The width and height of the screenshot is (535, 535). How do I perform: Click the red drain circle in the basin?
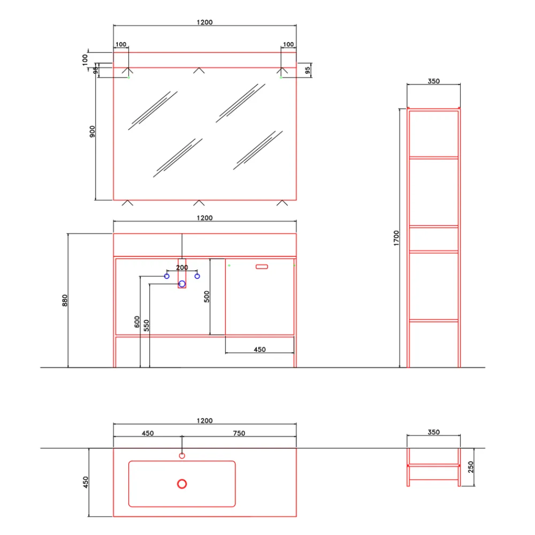coord(182,484)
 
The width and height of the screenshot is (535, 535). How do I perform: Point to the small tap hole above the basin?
coord(182,456)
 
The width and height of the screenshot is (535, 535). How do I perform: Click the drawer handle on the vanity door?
coord(262,266)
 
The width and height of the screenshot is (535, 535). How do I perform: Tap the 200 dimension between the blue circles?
coord(182,267)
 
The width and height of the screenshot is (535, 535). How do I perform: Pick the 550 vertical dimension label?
coord(147,326)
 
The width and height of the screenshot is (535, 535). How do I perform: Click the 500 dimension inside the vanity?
coord(207,296)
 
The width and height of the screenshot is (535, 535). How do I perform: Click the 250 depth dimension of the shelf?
coord(471,467)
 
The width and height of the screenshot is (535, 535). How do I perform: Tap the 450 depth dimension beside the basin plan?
coord(85,482)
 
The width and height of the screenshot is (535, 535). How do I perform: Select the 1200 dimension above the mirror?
coord(204,22)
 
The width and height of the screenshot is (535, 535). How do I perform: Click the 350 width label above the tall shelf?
coord(433,81)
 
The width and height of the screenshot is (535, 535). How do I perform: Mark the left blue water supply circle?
coord(167,276)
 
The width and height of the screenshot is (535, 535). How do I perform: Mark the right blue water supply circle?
coord(197,276)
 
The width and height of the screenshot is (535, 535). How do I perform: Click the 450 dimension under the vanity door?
coord(259,349)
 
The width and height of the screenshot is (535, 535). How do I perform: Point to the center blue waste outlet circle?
coord(182,284)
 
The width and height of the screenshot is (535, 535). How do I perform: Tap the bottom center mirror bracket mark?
coord(199,203)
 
